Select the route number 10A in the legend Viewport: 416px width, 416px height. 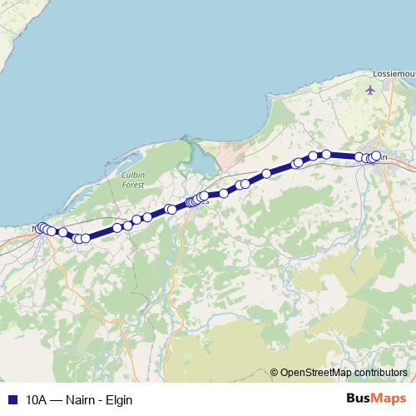(x=37, y=399)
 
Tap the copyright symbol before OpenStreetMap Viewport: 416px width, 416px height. (x=274, y=372)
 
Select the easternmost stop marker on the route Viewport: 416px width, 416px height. (x=376, y=155)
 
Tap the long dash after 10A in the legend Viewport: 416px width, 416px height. (x=57, y=399)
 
